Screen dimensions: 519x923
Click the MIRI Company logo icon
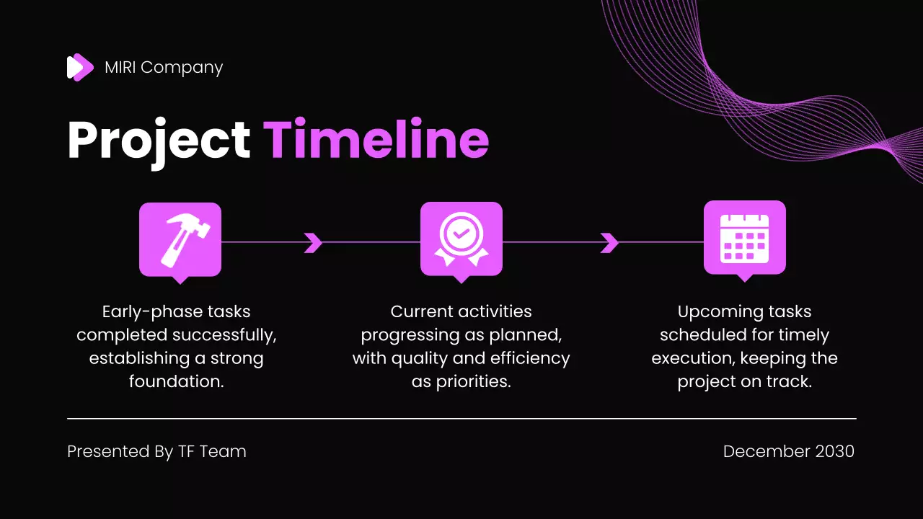pos(80,67)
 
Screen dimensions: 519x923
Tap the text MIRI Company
pos(164,67)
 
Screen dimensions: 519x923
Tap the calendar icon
pos(745,238)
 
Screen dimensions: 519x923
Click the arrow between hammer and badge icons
pos(313,243)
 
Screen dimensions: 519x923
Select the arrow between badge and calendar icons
pos(609,243)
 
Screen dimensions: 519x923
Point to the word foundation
pos(175,381)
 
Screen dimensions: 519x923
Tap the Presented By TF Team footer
pos(156,451)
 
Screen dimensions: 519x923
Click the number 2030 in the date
pos(834,451)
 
